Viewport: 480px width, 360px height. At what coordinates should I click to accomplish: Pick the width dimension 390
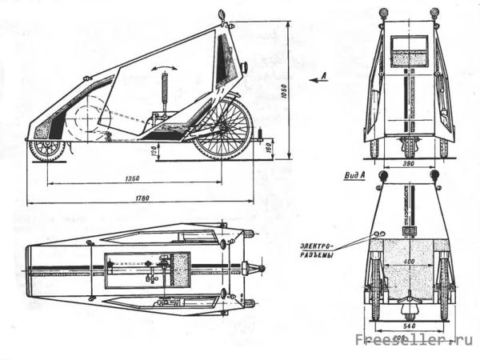point(409,164)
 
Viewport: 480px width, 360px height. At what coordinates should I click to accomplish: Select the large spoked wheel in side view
point(223,128)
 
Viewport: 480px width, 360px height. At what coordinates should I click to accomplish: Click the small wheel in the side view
point(49,150)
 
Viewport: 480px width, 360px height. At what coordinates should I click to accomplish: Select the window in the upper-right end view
point(409,50)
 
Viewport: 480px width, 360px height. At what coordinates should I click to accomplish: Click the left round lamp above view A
point(382,174)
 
